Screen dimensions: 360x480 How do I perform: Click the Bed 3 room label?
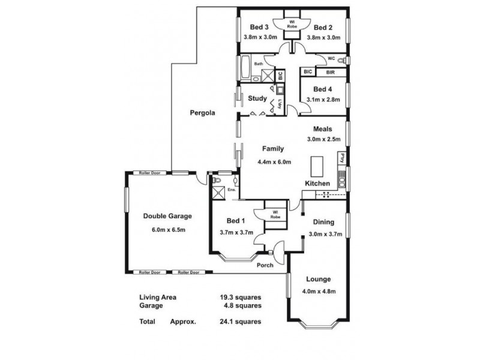pyautogui.click(x=259, y=27)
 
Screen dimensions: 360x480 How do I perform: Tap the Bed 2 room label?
pyautogui.click(x=323, y=27)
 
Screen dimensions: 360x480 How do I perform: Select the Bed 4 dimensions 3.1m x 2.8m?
pyautogui.click(x=323, y=100)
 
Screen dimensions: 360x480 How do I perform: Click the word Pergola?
pyautogui.click(x=202, y=112)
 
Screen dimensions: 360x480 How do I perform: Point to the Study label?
pyautogui.click(x=257, y=98)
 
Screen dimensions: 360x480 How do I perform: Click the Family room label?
pyautogui.click(x=273, y=149)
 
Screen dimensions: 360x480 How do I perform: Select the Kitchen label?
pyautogui.click(x=317, y=183)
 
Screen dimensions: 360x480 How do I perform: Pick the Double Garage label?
pyautogui.click(x=167, y=217)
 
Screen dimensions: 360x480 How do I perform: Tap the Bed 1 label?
pyautogui.click(x=236, y=220)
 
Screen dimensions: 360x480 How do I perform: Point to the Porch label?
pyautogui.click(x=265, y=265)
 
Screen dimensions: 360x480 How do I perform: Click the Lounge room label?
pyautogui.click(x=318, y=279)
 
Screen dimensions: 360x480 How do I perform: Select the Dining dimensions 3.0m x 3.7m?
pyautogui.click(x=324, y=235)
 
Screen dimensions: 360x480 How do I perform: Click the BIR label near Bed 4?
pyautogui.click(x=331, y=73)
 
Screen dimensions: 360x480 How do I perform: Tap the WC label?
pyautogui.click(x=331, y=59)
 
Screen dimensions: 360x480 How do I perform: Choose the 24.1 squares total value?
pyautogui.click(x=240, y=322)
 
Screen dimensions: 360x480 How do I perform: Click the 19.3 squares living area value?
pyautogui.click(x=240, y=297)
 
